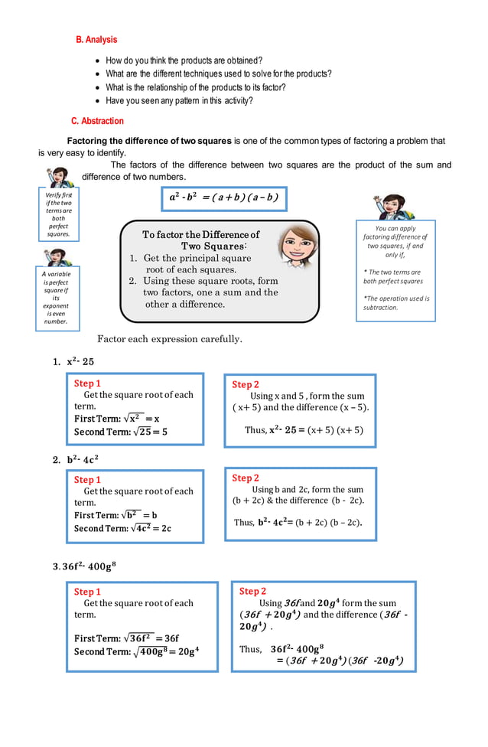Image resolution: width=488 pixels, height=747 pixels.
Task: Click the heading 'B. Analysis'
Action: click(x=96, y=39)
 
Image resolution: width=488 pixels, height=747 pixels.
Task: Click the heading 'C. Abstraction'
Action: click(x=97, y=121)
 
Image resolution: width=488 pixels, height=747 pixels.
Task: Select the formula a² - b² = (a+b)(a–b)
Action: click(x=223, y=198)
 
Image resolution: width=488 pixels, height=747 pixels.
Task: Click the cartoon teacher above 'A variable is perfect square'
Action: click(x=57, y=257)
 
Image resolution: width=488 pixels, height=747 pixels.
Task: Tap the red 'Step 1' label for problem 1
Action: click(x=87, y=383)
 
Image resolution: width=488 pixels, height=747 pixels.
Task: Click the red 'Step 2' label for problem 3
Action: click(x=252, y=591)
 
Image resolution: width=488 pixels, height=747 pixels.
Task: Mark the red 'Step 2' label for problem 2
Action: click(x=246, y=478)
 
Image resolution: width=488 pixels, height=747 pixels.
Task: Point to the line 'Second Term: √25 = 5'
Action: click(x=121, y=432)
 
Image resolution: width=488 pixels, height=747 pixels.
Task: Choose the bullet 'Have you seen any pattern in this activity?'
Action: click(x=179, y=100)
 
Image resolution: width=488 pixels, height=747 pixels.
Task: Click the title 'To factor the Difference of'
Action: click(x=201, y=234)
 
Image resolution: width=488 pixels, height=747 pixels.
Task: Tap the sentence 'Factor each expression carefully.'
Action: click(x=170, y=339)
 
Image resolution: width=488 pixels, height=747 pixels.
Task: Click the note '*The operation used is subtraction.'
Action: click(x=395, y=303)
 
